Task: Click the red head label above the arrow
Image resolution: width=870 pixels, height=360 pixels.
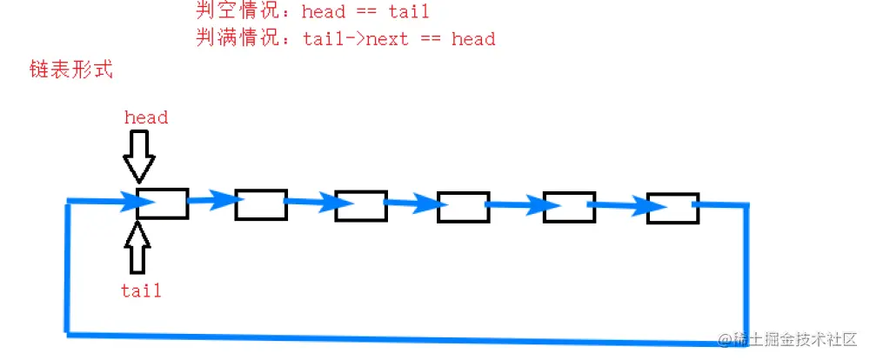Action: [x=145, y=117]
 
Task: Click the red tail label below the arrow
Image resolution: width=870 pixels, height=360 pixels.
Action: [x=142, y=290]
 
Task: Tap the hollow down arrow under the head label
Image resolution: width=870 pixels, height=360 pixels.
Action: [x=138, y=156]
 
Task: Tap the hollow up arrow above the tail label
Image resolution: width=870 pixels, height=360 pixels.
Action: [x=137, y=246]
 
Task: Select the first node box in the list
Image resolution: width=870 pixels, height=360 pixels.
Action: [x=162, y=203]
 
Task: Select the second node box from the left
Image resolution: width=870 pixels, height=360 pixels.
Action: [x=261, y=205]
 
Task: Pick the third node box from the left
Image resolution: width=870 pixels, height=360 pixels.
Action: [x=361, y=206]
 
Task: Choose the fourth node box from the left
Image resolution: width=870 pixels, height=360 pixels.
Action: [x=463, y=208]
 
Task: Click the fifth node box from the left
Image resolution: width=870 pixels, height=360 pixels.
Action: [x=569, y=207]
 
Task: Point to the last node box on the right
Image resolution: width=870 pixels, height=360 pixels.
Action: [x=673, y=208]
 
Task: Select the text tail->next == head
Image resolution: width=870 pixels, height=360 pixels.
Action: [x=399, y=39]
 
